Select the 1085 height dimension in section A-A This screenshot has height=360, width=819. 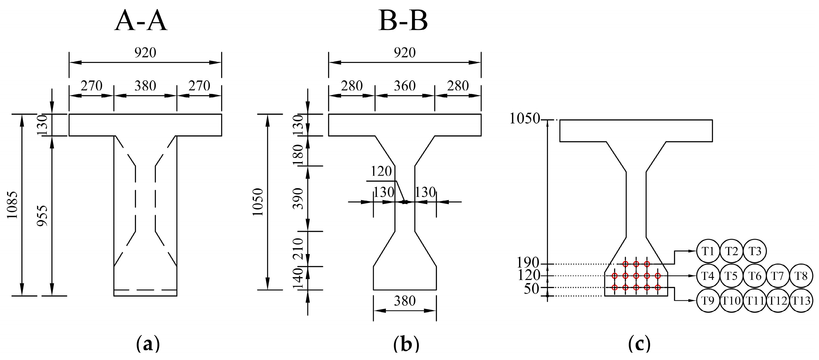click(x=12, y=205)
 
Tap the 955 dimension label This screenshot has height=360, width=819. click(x=42, y=215)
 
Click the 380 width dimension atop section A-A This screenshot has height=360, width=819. click(x=145, y=86)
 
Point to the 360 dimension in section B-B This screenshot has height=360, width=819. click(x=405, y=86)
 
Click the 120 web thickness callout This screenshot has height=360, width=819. click(x=381, y=172)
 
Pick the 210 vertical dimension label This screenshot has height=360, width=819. click(x=298, y=249)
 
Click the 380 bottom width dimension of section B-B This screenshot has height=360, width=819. click(x=405, y=301)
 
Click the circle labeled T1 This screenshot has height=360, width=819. click(x=708, y=251)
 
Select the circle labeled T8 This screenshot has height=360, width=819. click(x=801, y=276)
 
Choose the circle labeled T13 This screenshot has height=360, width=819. click(x=801, y=301)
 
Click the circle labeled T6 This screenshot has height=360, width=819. click(x=755, y=276)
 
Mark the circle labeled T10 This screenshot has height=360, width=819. click(x=731, y=301)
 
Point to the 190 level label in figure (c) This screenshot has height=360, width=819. click(x=528, y=263)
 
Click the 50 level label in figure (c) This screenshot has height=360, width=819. click(x=531, y=289)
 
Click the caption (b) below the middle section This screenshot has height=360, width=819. click(x=406, y=344)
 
